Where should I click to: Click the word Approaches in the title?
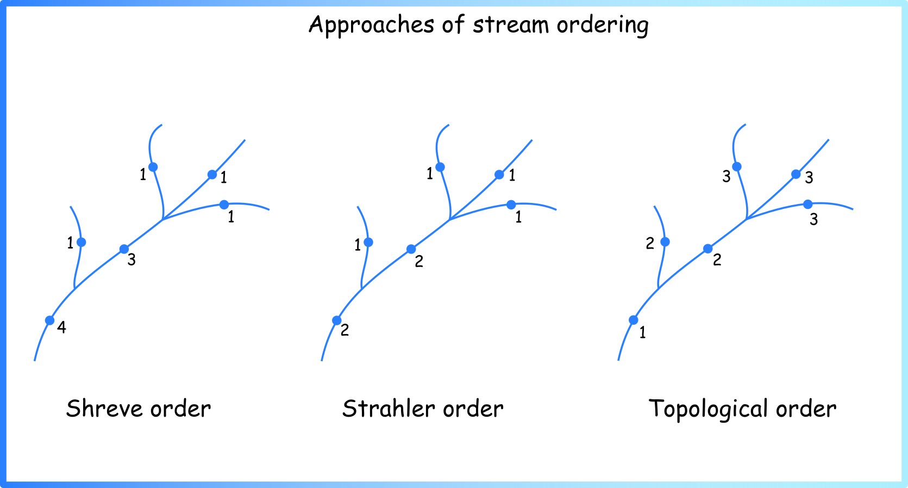[371, 25]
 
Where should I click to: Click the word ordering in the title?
[603, 25]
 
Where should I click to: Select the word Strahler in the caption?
[389, 409]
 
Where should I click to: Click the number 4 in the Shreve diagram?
[61, 327]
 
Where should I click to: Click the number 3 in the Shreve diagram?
[131, 260]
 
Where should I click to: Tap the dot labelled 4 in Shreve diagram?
[49, 320]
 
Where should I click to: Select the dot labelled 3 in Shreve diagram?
[124, 249]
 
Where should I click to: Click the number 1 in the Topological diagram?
[642, 333]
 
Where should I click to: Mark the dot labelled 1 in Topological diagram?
[633, 320]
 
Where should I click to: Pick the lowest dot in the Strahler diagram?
[336, 320]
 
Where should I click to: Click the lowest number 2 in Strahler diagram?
[345, 330]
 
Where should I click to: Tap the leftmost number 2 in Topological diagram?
[650, 244]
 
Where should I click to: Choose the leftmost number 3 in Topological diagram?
[727, 177]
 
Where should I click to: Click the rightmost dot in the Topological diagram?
[807, 204]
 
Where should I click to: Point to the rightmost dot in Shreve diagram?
[224, 205]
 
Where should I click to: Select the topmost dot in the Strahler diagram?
[440, 167]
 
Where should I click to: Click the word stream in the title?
[510, 25]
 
